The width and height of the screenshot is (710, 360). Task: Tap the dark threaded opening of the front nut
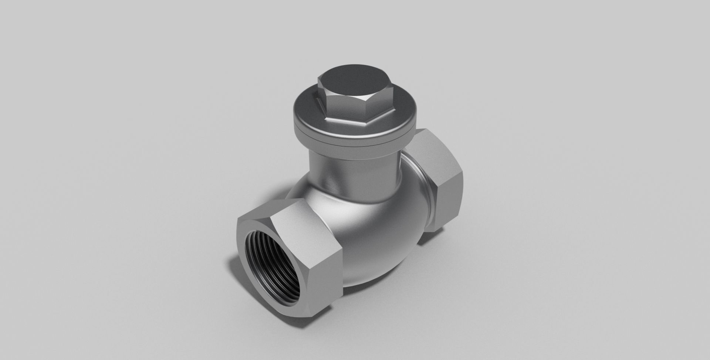tap(272, 266)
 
